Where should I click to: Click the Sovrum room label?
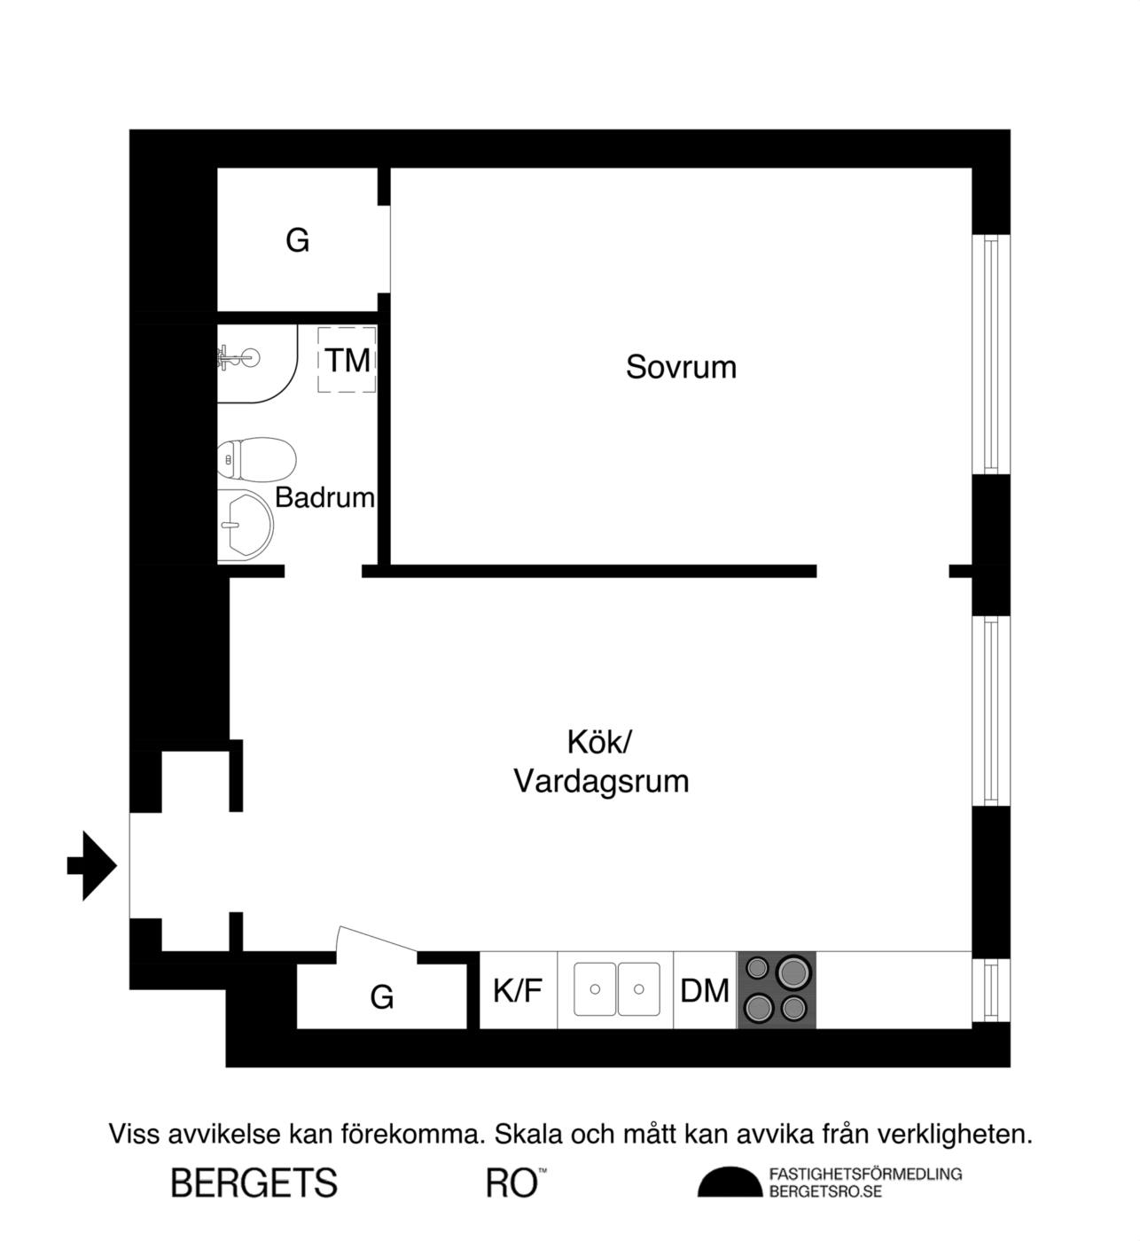[x=681, y=367]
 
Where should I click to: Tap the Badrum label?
[x=324, y=496]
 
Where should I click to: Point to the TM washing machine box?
[x=347, y=359]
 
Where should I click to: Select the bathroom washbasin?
[x=246, y=525]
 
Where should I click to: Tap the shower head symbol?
[x=238, y=357]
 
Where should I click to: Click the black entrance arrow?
[x=91, y=865]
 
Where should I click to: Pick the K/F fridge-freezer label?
[x=518, y=990]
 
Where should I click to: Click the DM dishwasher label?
[x=704, y=990]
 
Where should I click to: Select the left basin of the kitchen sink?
[x=595, y=989]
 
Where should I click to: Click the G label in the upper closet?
[x=297, y=240]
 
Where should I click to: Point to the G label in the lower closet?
[x=382, y=997]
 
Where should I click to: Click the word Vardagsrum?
[x=601, y=781]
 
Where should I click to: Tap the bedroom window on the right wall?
[x=991, y=354]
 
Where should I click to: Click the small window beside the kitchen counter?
[x=991, y=990]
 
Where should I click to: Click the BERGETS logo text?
[x=254, y=1182]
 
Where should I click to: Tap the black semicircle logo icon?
[x=730, y=1182]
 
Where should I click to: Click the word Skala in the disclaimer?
[x=529, y=1134]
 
